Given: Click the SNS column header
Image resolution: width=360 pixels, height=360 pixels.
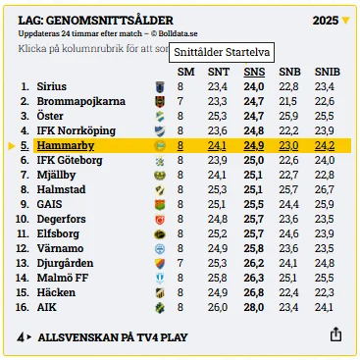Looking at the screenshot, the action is click(254, 72).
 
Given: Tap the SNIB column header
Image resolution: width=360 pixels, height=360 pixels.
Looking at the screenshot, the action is click(328, 72).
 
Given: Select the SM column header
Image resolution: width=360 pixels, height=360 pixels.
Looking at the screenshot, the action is click(185, 72).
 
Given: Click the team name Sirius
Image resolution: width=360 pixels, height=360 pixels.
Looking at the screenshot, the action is click(52, 86).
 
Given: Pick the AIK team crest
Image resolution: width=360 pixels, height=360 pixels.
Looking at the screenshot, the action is click(160, 308).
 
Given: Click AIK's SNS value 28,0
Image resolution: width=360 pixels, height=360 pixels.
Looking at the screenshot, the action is click(254, 307).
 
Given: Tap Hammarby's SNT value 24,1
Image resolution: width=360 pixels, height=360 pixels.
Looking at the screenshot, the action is click(217, 145).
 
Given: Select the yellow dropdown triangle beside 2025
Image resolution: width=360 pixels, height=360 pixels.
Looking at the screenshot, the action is click(345, 21).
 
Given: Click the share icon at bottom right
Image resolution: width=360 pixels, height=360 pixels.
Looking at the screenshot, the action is click(335, 334).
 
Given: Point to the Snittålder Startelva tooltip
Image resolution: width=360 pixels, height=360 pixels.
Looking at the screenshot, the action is click(222, 52).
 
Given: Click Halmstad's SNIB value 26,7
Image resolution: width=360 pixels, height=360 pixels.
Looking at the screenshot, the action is click(325, 189).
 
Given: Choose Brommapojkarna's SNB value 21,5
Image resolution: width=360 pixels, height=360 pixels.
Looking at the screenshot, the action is click(288, 101).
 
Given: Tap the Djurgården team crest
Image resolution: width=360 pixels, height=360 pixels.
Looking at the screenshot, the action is click(160, 264).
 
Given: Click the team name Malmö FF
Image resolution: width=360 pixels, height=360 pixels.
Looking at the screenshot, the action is click(63, 278).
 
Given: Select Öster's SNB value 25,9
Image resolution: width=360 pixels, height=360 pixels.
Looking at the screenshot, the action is click(288, 116).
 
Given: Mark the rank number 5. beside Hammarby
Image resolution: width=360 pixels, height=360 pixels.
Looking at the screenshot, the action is click(25, 145).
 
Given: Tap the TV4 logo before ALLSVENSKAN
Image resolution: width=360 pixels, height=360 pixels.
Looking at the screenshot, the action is click(25, 337).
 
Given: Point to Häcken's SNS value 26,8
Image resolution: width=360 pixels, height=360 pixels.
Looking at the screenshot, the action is click(254, 292).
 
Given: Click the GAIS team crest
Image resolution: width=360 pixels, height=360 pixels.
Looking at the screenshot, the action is click(160, 205).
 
